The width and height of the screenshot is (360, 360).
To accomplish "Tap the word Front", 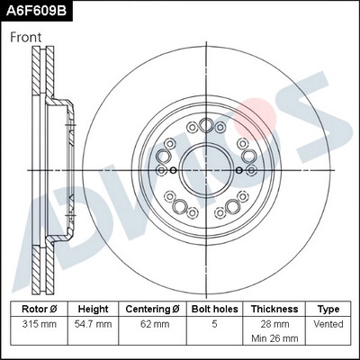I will coord(29,37).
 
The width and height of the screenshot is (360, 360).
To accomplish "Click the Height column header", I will coord(94,308).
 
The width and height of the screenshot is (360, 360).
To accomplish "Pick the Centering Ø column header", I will coord(152,308).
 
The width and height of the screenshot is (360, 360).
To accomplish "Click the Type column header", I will coord(328,308).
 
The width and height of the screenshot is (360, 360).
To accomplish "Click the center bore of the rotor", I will coord(207,168).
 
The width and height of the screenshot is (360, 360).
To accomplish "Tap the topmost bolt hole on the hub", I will coord(207,126).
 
